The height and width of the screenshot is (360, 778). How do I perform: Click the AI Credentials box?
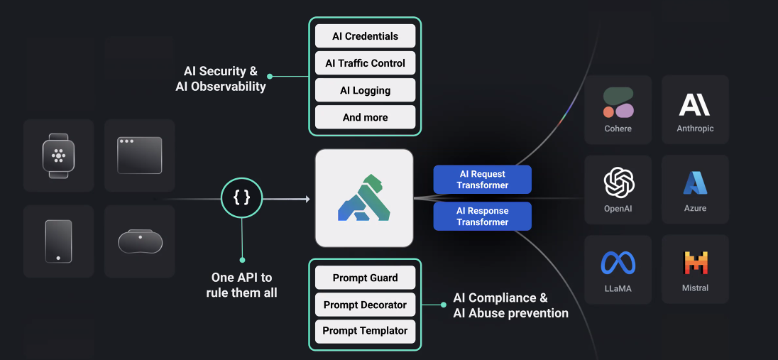(365, 36)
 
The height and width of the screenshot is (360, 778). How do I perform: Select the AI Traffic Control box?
(365, 63)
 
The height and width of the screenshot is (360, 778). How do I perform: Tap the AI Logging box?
(365, 90)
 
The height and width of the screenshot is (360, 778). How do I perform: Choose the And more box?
(365, 117)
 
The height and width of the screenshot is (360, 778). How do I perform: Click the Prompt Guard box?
(365, 278)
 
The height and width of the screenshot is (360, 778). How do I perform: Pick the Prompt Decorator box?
(365, 305)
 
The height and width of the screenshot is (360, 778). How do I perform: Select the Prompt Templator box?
(365, 331)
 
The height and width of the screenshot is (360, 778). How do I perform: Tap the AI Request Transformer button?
(482, 180)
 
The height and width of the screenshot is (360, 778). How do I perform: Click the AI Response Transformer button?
(482, 217)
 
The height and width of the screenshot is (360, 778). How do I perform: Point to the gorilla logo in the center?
(364, 198)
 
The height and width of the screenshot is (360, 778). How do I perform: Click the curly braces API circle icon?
(241, 197)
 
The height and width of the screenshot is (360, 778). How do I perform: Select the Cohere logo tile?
(618, 109)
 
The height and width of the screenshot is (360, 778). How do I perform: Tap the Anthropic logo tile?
(695, 109)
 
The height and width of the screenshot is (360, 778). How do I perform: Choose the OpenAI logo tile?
(618, 189)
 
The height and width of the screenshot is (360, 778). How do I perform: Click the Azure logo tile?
(695, 189)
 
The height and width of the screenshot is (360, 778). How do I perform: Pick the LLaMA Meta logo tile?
(618, 268)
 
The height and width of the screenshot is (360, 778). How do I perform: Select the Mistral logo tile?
(695, 268)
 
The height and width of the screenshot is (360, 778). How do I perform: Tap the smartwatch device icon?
(58, 156)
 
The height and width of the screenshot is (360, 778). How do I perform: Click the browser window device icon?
(139, 156)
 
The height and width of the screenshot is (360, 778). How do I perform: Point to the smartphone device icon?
(58, 241)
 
